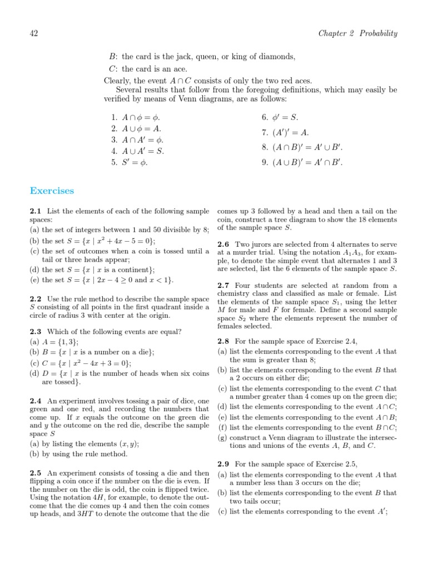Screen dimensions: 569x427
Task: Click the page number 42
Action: tap(33, 33)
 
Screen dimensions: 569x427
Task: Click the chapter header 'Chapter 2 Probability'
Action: tap(358, 33)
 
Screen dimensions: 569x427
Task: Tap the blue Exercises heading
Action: tap(52, 191)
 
